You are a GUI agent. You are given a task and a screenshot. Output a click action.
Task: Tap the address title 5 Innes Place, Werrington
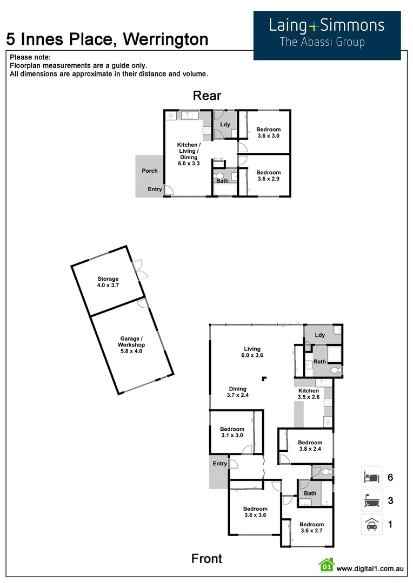coord(107,39)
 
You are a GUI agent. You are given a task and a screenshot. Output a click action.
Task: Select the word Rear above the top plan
coord(207,96)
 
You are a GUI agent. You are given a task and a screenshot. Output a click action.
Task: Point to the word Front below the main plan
coord(206,559)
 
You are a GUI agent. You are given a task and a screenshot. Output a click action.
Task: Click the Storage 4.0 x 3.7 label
coord(108,282)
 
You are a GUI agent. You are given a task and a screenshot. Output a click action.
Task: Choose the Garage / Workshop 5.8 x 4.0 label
coord(132,345)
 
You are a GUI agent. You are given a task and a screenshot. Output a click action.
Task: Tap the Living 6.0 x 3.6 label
coord(252,352)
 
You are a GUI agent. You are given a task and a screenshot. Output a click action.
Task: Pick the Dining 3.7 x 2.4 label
coord(237,392)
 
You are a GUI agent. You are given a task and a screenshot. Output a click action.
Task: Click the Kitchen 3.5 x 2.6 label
coord(308,394)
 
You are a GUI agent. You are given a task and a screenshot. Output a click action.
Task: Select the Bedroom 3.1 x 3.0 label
coord(232,432)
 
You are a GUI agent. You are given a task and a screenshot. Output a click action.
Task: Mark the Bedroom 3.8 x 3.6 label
coord(255,512)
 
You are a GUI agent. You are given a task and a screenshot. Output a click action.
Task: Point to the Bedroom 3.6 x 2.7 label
coord(311,527)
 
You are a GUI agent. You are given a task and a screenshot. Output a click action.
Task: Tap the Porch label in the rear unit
coord(150,171)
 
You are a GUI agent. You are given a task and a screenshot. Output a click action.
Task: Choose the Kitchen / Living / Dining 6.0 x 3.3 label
coord(189,154)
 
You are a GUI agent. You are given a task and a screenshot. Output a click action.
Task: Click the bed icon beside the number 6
coord(371,477)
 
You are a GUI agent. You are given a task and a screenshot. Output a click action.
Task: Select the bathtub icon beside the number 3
coord(371,500)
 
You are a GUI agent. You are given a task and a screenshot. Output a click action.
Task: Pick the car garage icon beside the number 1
coord(371,524)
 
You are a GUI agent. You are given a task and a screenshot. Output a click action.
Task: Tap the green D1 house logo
coord(326,566)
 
